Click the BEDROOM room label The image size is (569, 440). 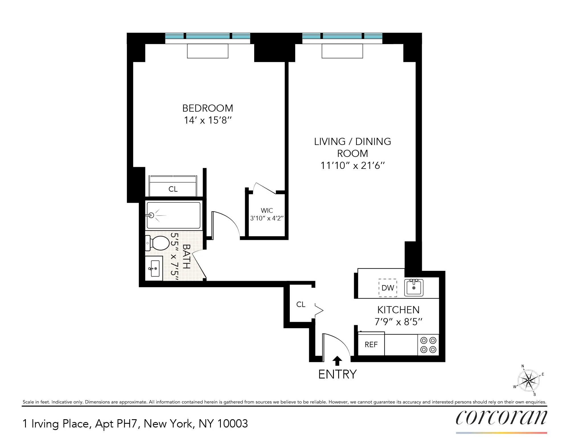click(208, 108)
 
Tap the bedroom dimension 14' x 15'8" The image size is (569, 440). click(208, 120)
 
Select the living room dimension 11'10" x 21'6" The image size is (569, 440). click(352, 165)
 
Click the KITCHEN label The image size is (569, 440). click(398, 310)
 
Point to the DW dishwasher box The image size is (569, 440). click(387, 288)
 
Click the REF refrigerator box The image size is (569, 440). click(371, 345)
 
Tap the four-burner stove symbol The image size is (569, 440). click(428, 345)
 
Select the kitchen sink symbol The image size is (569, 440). click(414, 288)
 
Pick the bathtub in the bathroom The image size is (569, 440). click(174, 215)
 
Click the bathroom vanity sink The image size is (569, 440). click(154, 268)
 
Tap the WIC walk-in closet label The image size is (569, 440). click(267, 210)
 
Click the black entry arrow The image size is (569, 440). click(337, 361)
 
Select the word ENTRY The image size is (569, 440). click(337, 374)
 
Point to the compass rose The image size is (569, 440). click(529, 380)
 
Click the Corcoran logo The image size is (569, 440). click(501, 418)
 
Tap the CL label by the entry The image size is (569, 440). click(301, 304)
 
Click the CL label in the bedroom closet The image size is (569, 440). click(173, 189)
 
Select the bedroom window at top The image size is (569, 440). click(208, 36)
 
